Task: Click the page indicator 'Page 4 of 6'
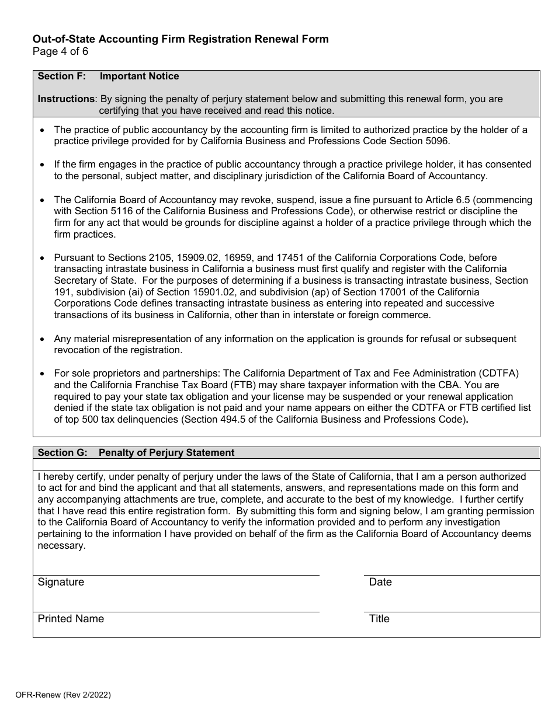coord(61,51)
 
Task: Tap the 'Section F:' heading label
coord(61,76)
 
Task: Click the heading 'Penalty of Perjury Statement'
coord(166,452)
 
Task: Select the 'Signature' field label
coord(61,582)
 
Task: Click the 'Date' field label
coord(380,582)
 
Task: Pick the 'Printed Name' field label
coord(71,619)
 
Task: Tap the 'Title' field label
coord(379,619)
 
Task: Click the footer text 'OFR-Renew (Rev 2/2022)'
coord(63,695)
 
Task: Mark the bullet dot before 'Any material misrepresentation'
coord(41,339)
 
